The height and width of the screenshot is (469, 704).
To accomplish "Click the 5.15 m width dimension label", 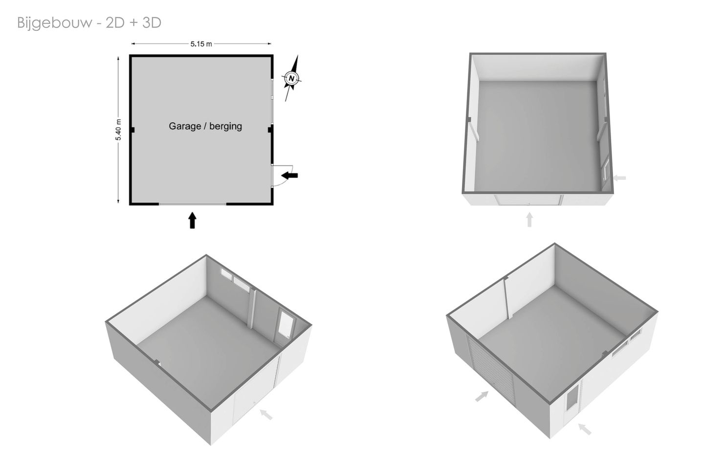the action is pyautogui.click(x=201, y=44).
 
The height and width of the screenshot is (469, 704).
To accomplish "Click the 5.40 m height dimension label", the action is pyautogui.click(x=118, y=130).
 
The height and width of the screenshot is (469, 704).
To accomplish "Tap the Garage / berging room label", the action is pyautogui.click(x=205, y=126).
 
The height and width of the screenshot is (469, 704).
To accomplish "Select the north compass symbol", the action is pyautogui.click(x=292, y=78).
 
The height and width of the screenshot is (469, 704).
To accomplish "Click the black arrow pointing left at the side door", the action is pyautogui.click(x=289, y=176).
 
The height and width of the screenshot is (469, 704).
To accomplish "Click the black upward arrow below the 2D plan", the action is pyautogui.click(x=192, y=221).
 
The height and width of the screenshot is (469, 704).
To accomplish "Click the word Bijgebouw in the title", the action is pyautogui.click(x=54, y=23).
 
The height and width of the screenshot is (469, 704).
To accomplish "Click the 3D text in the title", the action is pyautogui.click(x=152, y=22).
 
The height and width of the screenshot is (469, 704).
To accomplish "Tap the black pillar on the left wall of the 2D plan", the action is pyautogui.click(x=132, y=130).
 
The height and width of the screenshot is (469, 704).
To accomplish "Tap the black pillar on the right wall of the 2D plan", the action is pyautogui.click(x=270, y=130).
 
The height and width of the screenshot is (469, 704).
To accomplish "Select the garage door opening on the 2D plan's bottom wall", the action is pyautogui.click(x=192, y=204).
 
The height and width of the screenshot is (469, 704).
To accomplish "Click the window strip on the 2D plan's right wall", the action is pyautogui.click(x=272, y=101).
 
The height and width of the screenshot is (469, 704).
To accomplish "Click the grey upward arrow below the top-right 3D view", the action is pyautogui.click(x=529, y=220).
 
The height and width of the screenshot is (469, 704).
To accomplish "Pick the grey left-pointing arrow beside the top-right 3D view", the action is pyautogui.click(x=619, y=178).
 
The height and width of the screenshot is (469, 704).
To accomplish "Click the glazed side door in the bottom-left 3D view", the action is pyautogui.click(x=285, y=327).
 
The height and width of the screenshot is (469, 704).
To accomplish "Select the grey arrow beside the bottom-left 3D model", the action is pyautogui.click(x=266, y=414).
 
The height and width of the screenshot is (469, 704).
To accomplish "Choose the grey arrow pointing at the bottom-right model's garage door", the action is pyautogui.click(x=482, y=396).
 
